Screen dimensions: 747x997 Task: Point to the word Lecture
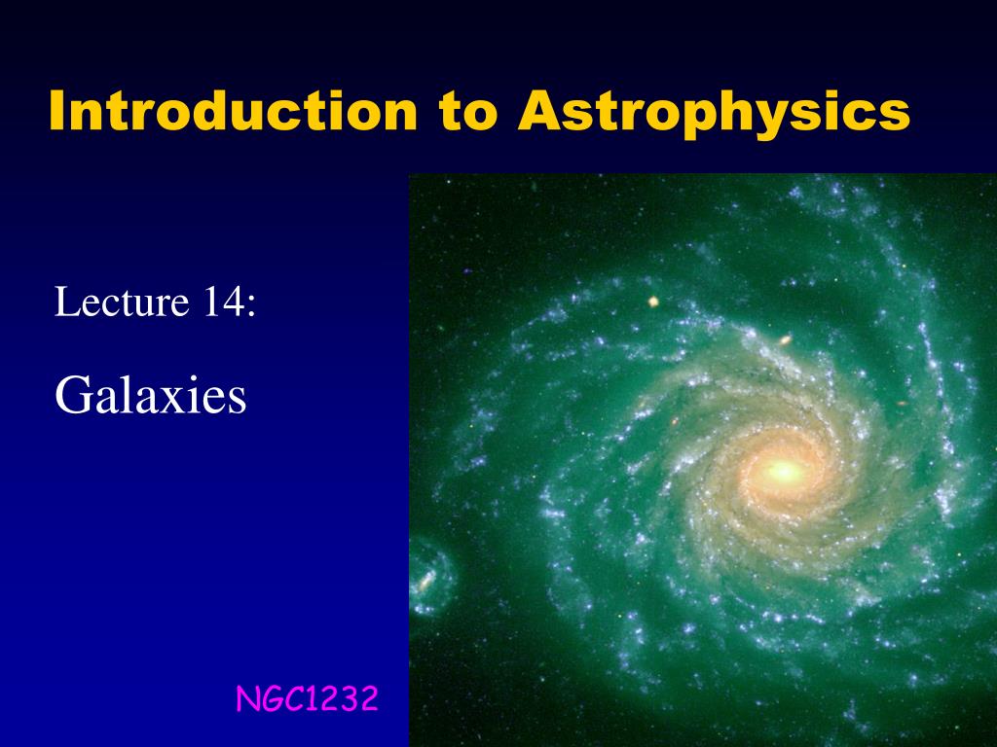click(x=121, y=302)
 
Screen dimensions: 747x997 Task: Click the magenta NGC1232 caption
click(x=307, y=698)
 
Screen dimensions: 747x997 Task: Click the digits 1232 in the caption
click(x=341, y=698)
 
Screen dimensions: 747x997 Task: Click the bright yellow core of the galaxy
click(x=782, y=473)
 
